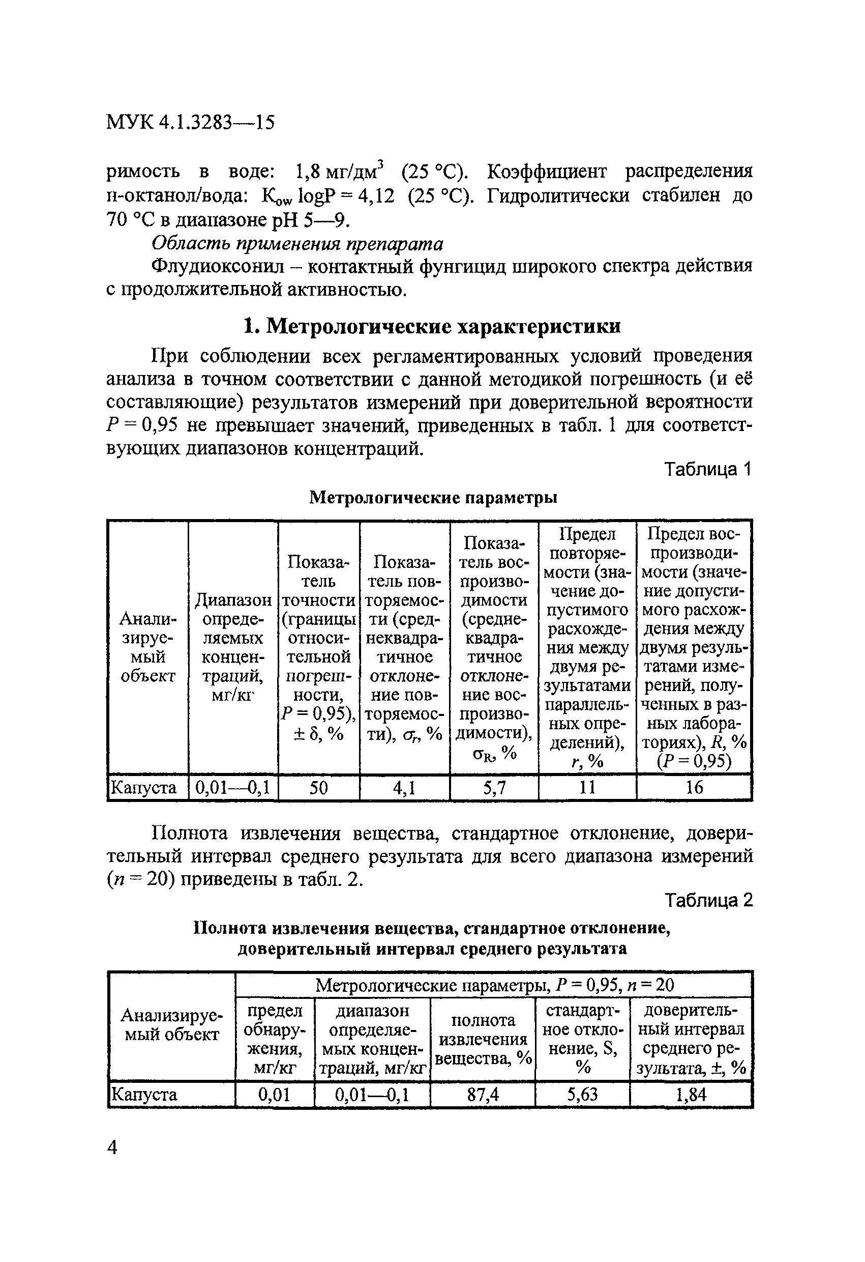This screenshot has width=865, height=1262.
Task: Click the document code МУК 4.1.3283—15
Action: click(x=190, y=122)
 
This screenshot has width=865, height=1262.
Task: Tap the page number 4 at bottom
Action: click(x=112, y=1148)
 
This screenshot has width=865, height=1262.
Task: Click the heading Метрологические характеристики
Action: click(x=432, y=326)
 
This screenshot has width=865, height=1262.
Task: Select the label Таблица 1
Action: click(x=708, y=469)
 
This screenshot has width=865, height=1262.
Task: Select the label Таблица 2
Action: click(x=708, y=900)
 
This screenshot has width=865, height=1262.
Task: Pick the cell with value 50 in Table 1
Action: click(x=318, y=787)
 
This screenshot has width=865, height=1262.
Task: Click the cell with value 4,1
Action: click(x=404, y=787)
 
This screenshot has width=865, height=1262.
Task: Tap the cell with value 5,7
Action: click(x=494, y=787)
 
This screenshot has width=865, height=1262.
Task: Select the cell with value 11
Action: click(x=587, y=787)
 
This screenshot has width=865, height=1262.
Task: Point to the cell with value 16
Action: click(x=694, y=787)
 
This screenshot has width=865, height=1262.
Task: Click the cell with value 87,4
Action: click(x=483, y=1094)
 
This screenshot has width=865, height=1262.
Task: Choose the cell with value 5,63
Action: click(x=582, y=1094)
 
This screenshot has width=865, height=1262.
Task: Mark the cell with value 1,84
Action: click(x=691, y=1094)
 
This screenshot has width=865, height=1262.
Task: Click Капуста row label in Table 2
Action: click(x=144, y=1094)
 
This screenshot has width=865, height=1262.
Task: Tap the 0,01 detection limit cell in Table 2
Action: click(x=274, y=1094)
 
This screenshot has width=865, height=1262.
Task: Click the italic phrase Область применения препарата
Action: click(x=297, y=244)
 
